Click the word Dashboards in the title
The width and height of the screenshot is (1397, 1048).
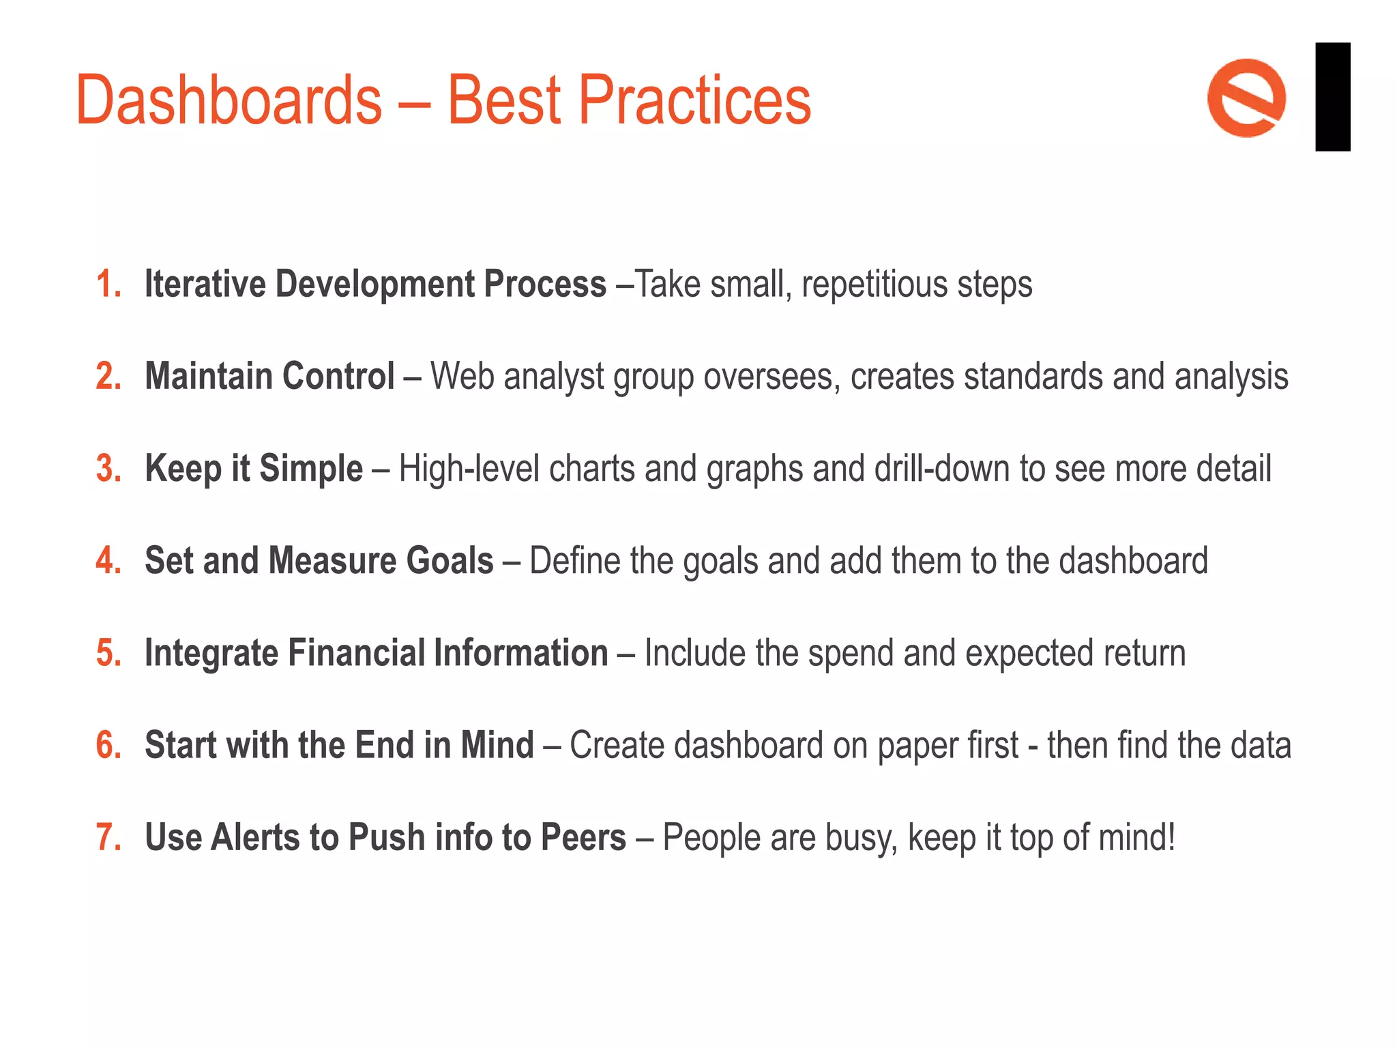point(229,100)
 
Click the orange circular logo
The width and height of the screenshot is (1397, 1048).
point(1246,98)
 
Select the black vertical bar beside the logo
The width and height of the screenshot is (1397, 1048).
point(1332,96)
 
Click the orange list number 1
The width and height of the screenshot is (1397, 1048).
point(108,285)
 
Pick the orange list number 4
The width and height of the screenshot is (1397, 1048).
point(108,561)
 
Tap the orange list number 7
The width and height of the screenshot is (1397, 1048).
point(108,837)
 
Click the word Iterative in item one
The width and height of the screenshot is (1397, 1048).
point(205,285)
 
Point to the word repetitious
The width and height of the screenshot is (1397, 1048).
point(874,285)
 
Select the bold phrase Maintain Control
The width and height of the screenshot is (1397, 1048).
point(269,377)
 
